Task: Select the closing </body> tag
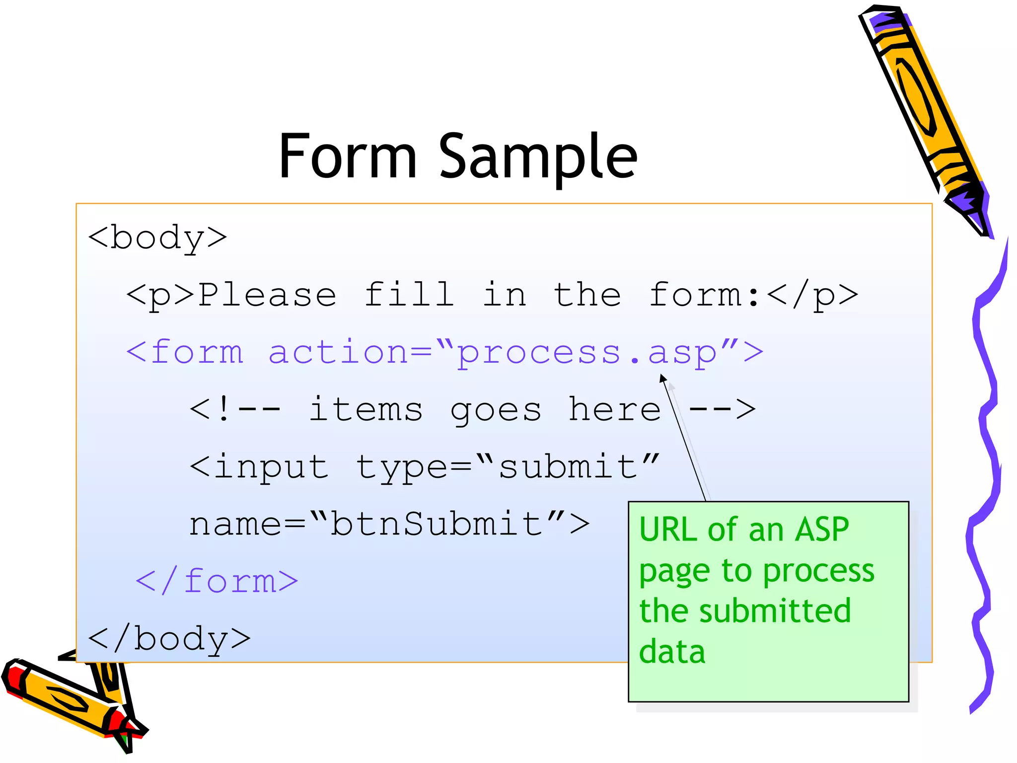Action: pyautogui.click(x=169, y=639)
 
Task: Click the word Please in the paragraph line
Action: pyautogui.click(x=267, y=296)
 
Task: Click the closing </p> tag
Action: pyautogui.click(x=812, y=296)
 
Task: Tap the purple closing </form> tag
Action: pyautogui.click(x=217, y=581)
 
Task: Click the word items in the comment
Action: pyautogui.click(x=365, y=410)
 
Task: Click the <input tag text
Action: pyautogui.click(x=259, y=468)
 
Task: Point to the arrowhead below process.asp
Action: pyautogui.click(x=662, y=379)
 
